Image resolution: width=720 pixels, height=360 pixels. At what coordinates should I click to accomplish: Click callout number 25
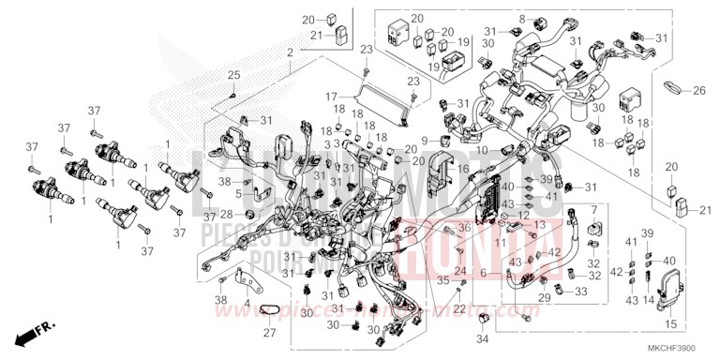pyautogui.click(x=233, y=75)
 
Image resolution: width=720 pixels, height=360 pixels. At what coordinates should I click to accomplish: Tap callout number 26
pyautogui.click(x=698, y=91)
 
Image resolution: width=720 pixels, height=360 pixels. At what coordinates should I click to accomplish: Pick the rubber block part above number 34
pyautogui.click(x=484, y=322)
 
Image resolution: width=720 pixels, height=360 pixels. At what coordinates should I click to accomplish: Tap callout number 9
pyautogui.click(x=425, y=140)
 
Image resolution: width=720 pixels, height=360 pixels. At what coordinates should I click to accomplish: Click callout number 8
pyautogui.click(x=521, y=19)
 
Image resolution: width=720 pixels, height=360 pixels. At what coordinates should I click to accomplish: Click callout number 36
pyautogui.click(x=463, y=228)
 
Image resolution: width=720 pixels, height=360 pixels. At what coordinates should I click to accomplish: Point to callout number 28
pyautogui.click(x=225, y=214)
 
